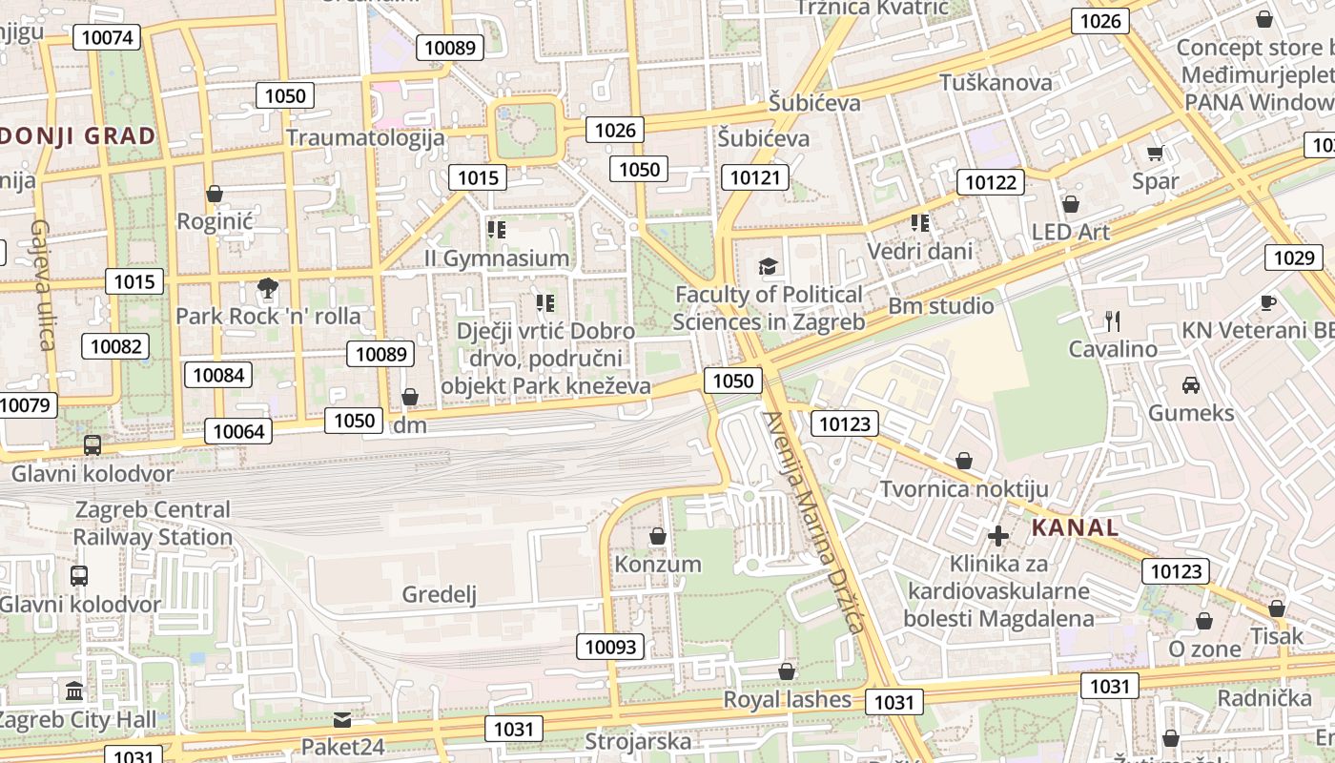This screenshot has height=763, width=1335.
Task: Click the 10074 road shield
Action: tap(106, 37)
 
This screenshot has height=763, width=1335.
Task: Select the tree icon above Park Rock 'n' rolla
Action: tap(268, 288)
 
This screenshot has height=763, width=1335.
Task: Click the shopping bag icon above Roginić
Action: tap(215, 194)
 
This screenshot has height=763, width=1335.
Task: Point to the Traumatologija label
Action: tap(365, 137)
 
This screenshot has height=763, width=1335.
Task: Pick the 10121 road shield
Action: tap(754, 176)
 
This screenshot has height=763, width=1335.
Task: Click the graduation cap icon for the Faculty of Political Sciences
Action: tap(768, 266)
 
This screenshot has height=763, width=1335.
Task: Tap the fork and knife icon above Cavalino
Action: tap(1112, 320)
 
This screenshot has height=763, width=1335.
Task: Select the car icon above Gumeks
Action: tap(1190, 385)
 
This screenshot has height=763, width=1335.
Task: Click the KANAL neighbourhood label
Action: tap(1075, 527)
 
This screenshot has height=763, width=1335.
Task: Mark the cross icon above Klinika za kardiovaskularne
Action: tap(997, 536)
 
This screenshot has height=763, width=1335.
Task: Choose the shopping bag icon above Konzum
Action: tap(657, 536)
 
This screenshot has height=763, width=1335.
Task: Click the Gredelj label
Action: tap(439, 595)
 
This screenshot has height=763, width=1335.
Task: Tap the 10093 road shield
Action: tap(610, 647)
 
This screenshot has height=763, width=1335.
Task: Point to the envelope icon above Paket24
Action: tap(341, 719)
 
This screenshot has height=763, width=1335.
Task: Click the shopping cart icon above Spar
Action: tap(1155, 153)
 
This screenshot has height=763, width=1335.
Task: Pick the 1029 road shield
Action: tap(1293, 257)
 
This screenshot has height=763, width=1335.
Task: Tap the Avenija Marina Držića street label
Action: tap(813, 521)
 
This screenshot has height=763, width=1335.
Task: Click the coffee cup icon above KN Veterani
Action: tap(1267, 302)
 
